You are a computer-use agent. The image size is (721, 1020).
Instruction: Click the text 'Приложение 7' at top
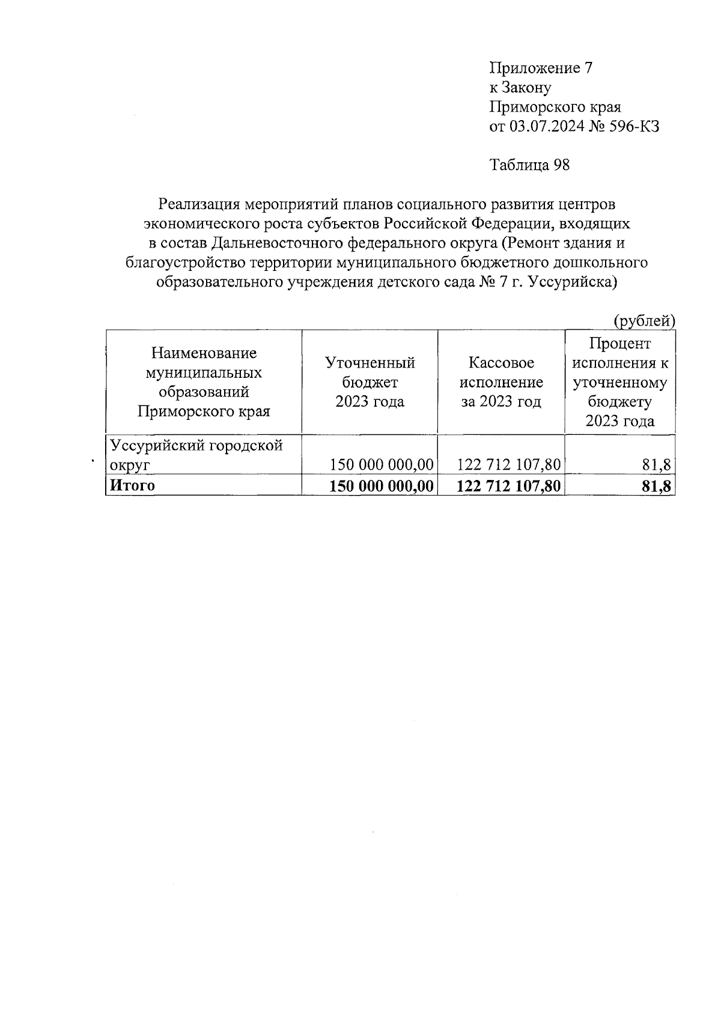(541, 68)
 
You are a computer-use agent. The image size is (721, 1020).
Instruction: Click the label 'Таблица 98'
(529, 165)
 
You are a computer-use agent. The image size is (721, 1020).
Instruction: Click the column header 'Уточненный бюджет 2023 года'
(370, 382)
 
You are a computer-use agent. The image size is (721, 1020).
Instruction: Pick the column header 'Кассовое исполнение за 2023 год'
(501, 382)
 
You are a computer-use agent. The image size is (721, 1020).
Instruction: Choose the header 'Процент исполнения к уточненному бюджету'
(620, 382)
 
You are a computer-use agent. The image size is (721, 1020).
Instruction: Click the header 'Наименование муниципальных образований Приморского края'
(204, 382)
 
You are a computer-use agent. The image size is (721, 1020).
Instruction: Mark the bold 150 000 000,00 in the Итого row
(382, 486)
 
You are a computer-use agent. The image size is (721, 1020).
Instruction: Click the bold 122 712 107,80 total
(509, 486)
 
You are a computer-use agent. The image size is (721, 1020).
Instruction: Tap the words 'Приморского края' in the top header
(555, 108)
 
